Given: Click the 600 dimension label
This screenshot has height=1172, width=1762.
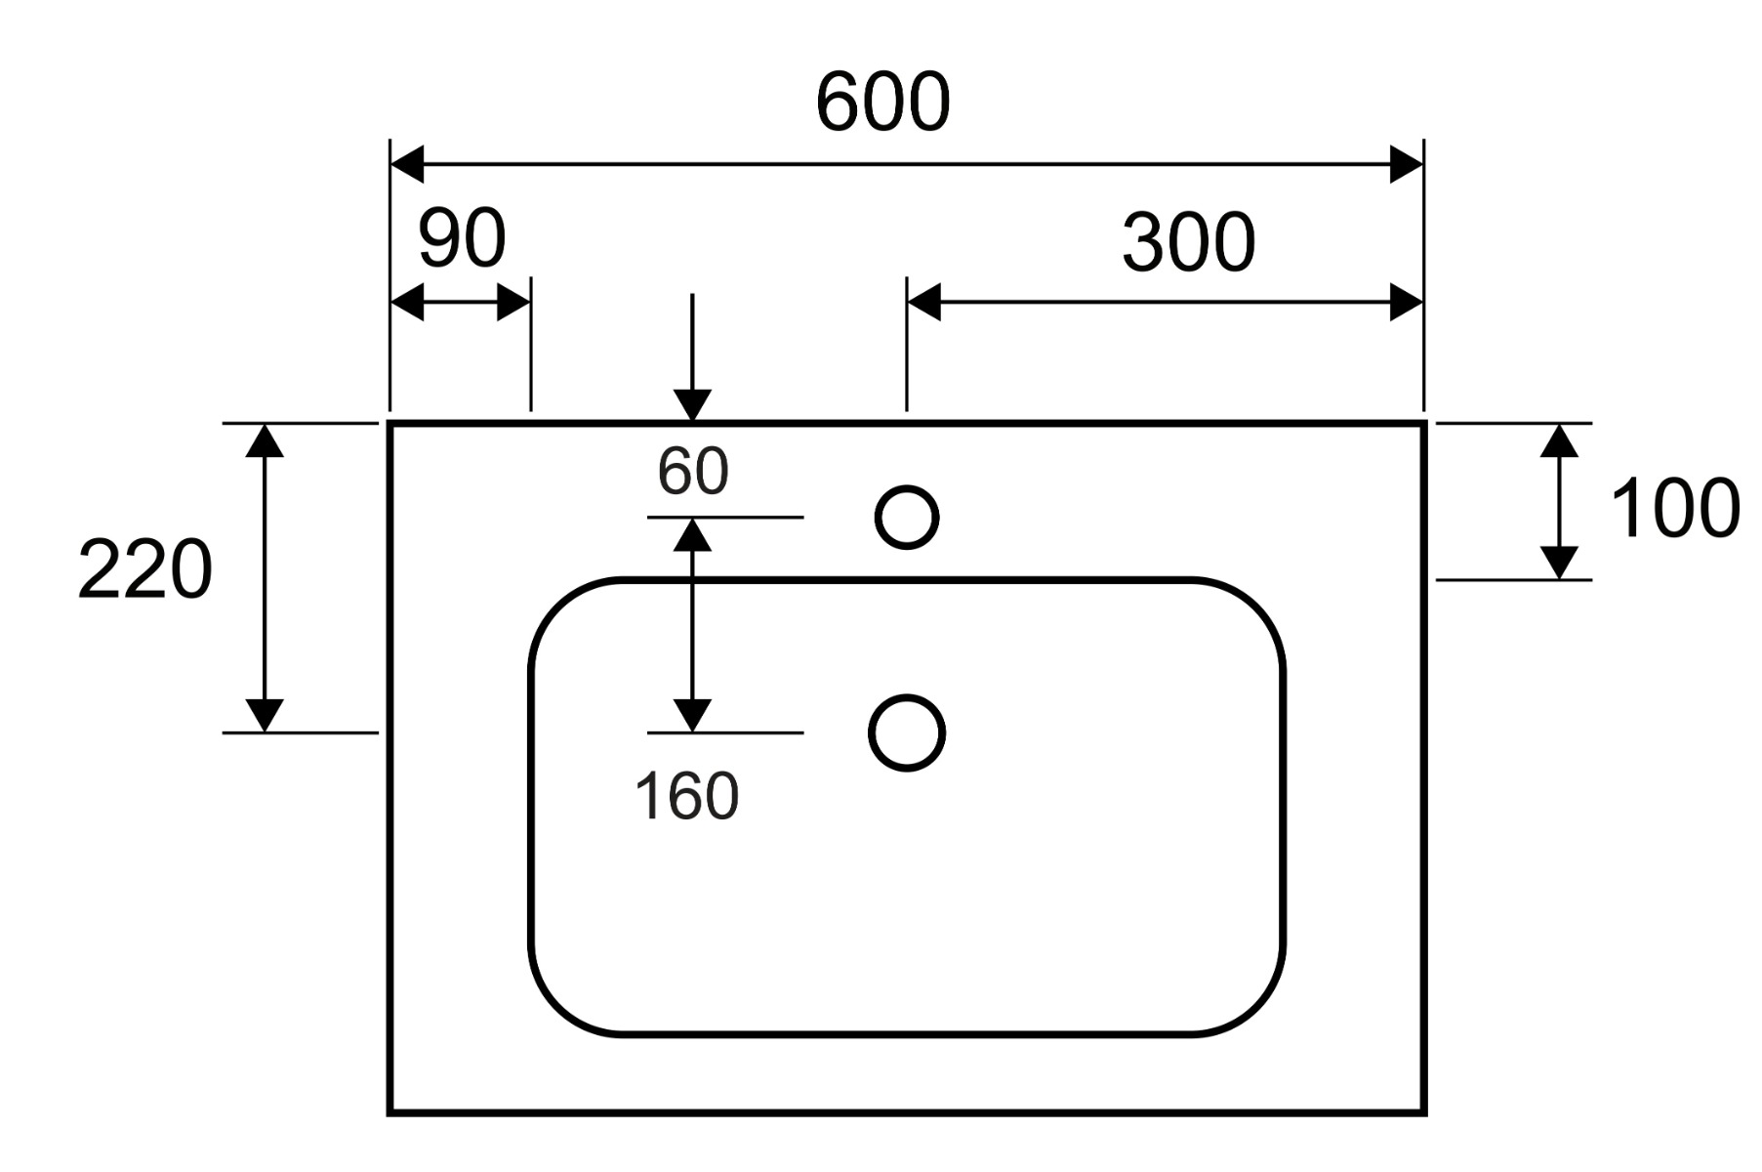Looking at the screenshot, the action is [x=882, y=102].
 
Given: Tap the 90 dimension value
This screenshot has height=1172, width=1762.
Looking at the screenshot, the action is [x=462, y=237].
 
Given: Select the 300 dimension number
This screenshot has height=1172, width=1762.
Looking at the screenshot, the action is [x=1188, y=242].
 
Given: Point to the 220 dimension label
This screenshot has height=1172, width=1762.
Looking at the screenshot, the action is [x=144, y=569].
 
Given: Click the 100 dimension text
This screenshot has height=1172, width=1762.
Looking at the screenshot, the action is [x=1673, y=508].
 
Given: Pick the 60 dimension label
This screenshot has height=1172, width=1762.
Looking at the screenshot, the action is [x=692, y=471].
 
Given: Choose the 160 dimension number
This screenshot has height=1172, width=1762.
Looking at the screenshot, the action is [x=686, y=796].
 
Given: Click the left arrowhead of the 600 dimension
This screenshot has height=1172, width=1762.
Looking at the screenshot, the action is [x=407, y=164].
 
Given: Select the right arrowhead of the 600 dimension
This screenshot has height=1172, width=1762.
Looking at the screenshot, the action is [x=1406, y=164].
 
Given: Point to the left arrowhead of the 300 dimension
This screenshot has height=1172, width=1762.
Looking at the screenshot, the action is [x=923, y=303].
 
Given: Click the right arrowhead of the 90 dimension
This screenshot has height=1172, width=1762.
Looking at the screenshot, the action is [x=513, y=303].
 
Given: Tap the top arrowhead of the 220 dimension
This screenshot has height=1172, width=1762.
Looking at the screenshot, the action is [x=265, y=441].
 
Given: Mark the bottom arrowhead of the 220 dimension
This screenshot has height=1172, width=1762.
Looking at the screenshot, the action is [x=265, y=716].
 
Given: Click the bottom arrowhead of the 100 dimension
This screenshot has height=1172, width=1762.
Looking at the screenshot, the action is [x=1559, y=563].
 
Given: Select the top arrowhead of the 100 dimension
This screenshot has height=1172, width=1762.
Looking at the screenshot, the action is [x=1559, y=441].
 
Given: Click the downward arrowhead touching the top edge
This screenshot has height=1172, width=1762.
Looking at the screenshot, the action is [x=692, y=405].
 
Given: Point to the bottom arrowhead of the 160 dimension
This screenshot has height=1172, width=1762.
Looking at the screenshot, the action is [x=692, y=716].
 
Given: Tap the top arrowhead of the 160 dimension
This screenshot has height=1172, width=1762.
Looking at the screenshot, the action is [x=692, y=534].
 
